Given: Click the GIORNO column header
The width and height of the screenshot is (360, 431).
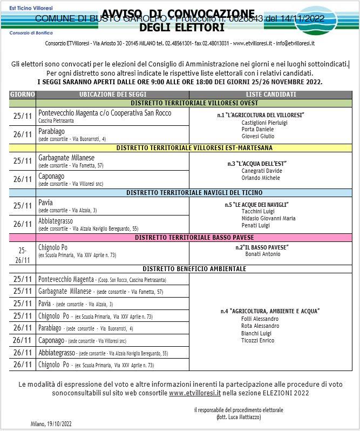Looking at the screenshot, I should tap(23, 95).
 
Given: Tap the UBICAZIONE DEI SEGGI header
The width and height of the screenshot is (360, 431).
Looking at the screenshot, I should tap(112, 95).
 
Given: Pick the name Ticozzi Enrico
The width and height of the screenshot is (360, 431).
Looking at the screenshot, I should tap(257, 340).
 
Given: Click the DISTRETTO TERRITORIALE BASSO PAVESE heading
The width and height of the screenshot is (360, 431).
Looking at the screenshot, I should tap(194, 237).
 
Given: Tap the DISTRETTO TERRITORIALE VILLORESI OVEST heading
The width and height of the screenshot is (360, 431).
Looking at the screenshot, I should tap(194, 103).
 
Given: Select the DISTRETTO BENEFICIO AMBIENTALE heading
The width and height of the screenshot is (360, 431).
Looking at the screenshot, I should tap(194, 268).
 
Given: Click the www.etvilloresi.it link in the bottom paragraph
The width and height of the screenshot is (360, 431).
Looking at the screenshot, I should tap(195, 393).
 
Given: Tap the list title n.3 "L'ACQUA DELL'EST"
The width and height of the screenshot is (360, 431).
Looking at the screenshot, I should tap(256, 163).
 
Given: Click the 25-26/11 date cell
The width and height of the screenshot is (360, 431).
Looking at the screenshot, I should tap(23, 254).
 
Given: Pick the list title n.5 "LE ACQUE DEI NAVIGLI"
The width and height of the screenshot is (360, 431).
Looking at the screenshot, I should tap(256, 205).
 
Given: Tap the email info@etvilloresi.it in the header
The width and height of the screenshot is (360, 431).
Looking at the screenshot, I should tap(296, 43).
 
